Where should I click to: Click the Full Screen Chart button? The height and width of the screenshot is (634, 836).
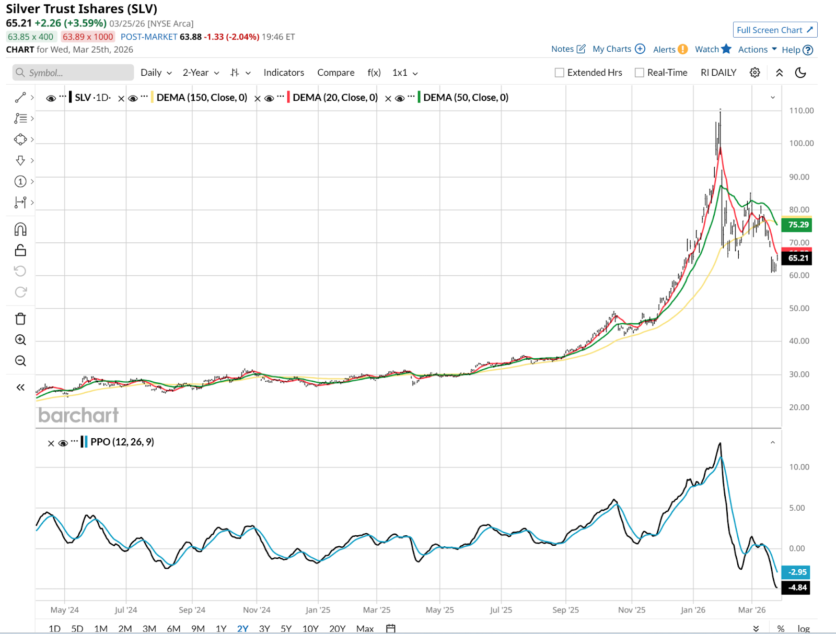pyautogui.click(x=775, y=30)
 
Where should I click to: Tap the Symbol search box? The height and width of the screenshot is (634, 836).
pyautogui.click(x=73, y=73)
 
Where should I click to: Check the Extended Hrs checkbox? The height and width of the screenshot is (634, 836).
pyautogui.click(x=560, y=73)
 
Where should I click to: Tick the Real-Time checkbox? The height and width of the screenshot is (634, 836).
pyautogui.click(x=640, y=73)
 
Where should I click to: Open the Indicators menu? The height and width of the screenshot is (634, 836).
pyautogui.click(x=284, y=73)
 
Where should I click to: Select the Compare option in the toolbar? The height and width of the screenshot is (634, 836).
pyautogui.click(x=335, y=73)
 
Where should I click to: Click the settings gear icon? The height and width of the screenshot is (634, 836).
pyautogui.click(x=754, y=73)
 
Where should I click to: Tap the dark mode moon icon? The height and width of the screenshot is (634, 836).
pyautogui.click(x=800, y=73)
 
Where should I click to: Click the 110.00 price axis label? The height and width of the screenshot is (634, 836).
pyautogui.click(x=801, y=111)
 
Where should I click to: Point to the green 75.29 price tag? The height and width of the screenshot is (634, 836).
pyautogui.click(x=798, y=225)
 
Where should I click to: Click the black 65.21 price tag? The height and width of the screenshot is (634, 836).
pyautogui.click(x=798, y=258)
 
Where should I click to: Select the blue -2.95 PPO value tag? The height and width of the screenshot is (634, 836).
pyautogui.click(x=797, y=572)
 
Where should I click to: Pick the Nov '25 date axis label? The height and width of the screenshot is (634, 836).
pyautogui.click(x=632, y=610)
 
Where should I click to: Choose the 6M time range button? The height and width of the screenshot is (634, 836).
pyautogui.click(x=173, y=628)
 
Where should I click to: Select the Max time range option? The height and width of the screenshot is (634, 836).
pyautogui.click(x=365, y=628)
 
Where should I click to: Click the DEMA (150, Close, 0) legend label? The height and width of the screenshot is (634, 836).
pyautogui.click(x=202, y=98)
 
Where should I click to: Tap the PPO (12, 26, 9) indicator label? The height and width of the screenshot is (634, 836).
pyautogui.click(x=122, y=442)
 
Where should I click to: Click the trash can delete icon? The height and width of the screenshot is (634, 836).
pyautogui.click(x=20, y=319)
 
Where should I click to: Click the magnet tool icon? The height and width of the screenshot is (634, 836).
pyautogui.click(x=20, y=229)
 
